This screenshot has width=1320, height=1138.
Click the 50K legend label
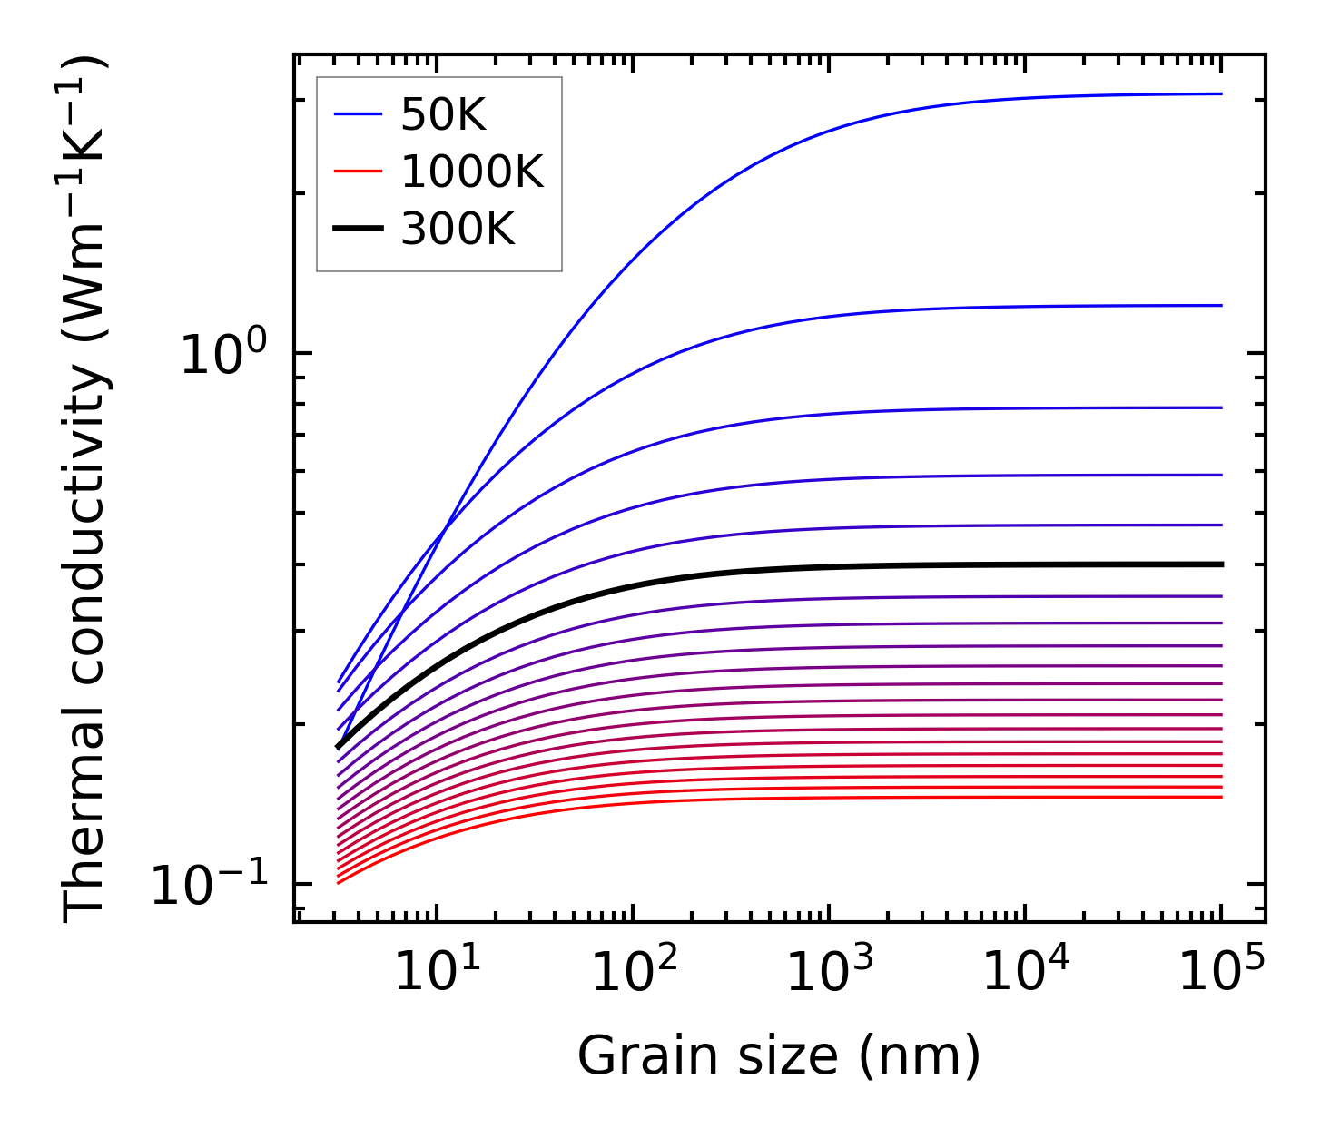(444, 115)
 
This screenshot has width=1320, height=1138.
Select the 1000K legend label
(472, 172)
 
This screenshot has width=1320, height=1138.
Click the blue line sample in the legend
(360, 114)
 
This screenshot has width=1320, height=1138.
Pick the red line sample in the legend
(360, 172)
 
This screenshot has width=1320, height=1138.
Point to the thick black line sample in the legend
(360, 229)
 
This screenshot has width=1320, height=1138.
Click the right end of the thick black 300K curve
(1222, 564)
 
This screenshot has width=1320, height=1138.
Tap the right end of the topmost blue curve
(1222, 93)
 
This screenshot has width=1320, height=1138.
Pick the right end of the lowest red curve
(1222, 797)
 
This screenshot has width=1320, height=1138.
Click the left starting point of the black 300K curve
(338, 748)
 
